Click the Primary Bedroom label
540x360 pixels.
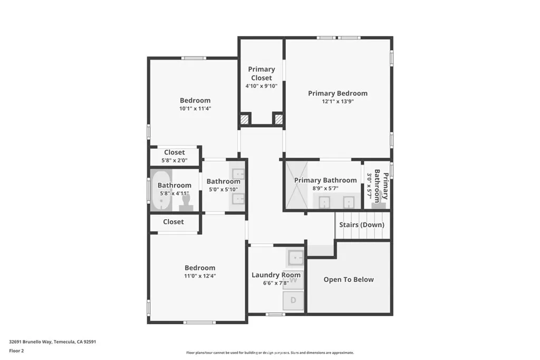(x=337, y=93)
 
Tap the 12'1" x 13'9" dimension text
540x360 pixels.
(x=337, y=102)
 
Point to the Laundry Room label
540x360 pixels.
(x=276, y=275)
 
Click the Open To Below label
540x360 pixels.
(x=349, y=279)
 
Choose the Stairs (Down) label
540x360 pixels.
(x=362, y=225)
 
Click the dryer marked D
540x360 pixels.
(x=294, y=300)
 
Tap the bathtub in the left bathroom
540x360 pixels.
(x=161, y=190)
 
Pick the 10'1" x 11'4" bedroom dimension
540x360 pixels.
(x=195, y=109)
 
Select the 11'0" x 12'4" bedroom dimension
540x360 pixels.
(x=200, y=276)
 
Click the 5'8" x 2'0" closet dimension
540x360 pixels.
(x=174, y=160)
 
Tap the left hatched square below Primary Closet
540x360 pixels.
(x=244, y=119)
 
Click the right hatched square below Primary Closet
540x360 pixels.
(x=277, y=119)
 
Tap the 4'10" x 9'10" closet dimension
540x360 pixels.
(x=261, y=86)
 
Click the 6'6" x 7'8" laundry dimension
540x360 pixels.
(x=276, y=283)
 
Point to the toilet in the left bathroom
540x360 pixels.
(x=185, y=202)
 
